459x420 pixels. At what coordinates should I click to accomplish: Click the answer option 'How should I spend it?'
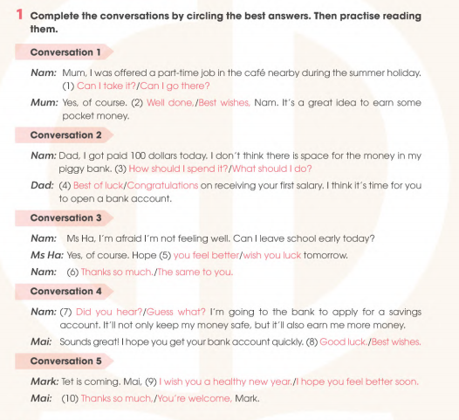coord(178,169)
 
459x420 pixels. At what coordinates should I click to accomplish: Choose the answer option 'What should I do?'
coord(271,169)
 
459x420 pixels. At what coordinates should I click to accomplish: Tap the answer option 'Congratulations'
coord(162,185)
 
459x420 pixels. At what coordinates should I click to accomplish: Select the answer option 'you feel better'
coord(205,255)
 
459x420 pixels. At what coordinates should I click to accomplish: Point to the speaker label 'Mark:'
coord(44,382)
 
